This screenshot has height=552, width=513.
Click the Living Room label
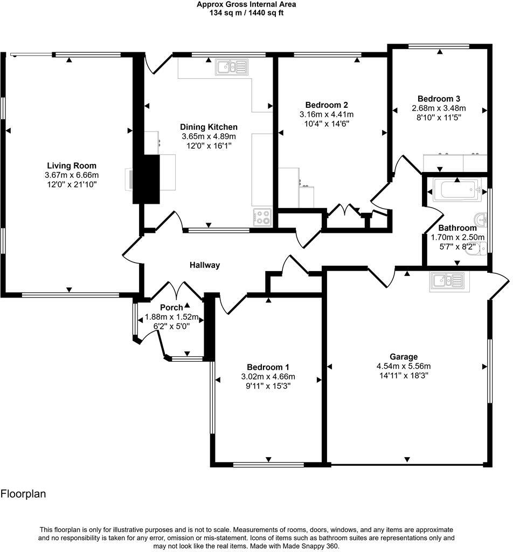71,165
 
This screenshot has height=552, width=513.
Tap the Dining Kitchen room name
209,127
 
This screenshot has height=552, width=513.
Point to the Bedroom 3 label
439,99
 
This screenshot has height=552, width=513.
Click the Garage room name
404,356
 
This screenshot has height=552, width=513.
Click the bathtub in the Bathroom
456,190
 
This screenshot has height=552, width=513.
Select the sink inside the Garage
447,280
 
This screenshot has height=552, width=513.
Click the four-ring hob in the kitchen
262,217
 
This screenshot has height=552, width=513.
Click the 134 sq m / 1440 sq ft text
246,13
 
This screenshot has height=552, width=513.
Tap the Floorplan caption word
23,493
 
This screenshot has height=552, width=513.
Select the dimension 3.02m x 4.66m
268,377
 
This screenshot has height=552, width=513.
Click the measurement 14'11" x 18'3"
404,376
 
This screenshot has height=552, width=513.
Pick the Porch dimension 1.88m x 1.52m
171,317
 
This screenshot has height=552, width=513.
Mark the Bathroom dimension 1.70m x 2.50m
457,237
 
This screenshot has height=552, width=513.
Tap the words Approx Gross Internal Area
246,4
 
